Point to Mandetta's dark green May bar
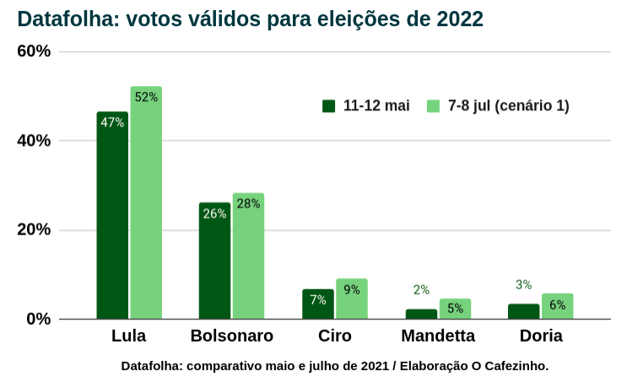click(421, 314)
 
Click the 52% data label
click(146, 97)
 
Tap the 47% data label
click(112, 122)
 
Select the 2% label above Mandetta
click(421, 290)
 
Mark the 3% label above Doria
click(523, 285)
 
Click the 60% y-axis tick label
click(34, 51)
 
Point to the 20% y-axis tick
click(34, 230)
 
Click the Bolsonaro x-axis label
click(231, 336)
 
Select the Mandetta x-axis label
click(438, 336)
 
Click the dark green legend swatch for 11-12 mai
click(329, 106)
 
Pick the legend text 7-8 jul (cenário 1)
click(508, 106)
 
